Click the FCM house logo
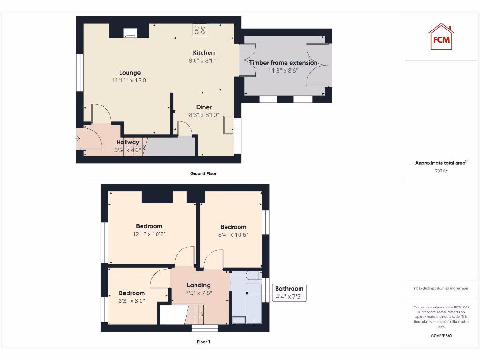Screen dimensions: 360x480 [441, 37]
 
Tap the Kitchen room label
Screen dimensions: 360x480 [203, 52]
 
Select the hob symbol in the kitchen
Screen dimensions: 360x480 [199, 30]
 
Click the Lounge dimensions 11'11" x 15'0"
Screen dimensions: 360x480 [130, 81]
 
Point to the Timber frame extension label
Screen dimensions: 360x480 [283, 63]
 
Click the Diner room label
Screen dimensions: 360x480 [204, 107]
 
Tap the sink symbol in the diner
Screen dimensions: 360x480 [228, 125]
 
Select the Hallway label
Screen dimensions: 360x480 [127, 142]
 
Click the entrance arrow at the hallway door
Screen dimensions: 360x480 [78, 139]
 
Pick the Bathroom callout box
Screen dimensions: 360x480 [289, 292]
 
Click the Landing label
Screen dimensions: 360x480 [199, 285]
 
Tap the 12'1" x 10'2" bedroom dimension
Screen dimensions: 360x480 [149, 234]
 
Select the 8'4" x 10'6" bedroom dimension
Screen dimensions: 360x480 [233, 235]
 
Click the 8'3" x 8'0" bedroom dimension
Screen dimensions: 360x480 [132, 301]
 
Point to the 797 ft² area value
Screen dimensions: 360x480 [441, 171]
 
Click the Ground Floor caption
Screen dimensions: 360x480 [203, 173]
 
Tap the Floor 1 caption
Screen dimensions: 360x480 [203, 342]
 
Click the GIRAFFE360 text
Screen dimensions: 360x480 [441, 335]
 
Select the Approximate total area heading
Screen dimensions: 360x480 [440, 163]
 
